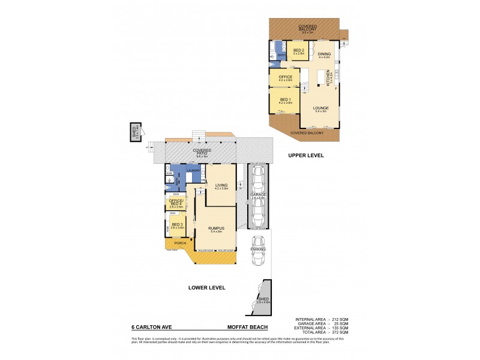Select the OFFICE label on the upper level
[285, 77]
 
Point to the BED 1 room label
[285, 99]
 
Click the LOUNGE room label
[320, 109]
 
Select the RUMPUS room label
[216, 227]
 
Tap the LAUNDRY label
[193, 170]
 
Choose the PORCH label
[180, 243]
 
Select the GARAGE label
[259, 195]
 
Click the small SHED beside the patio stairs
[135, 133]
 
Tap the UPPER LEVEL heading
[306, 155]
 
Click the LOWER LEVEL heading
[207, 288]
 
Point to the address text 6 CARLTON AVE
[151, 328]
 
